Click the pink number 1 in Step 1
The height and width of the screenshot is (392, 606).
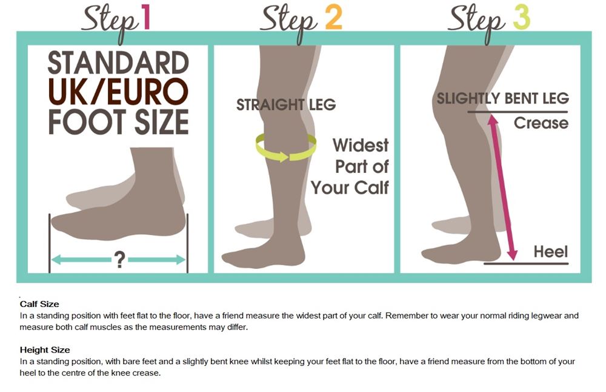[x=145, y=17]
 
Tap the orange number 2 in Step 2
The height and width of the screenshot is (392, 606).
[x=333, y=18]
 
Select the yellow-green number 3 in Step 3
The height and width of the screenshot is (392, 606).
[x=521, y=18]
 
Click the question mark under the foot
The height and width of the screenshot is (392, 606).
[x=120, y=260]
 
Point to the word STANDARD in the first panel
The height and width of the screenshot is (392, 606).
[x=118, y=63]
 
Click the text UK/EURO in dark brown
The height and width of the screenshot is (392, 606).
[x=118, y=92]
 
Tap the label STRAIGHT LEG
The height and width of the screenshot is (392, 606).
[x=286, y=104]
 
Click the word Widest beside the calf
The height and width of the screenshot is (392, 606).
[x=361, y=146]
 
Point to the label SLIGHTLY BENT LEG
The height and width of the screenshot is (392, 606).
[x=503, y=98]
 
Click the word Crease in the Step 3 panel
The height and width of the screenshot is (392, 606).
[x=541, y=123]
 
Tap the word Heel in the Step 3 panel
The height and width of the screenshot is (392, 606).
[x=551, y=252]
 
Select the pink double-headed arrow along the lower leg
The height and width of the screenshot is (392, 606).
[x=502, y=188]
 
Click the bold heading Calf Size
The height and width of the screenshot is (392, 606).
[x=39, y=304]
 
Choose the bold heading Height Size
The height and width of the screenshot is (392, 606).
[x=45, y=350]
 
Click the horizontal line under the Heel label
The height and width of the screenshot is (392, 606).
[x=526, y=263]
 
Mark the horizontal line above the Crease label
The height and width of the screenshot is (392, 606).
[x=518, y=112]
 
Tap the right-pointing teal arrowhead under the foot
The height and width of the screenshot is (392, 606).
[x=181, y=259]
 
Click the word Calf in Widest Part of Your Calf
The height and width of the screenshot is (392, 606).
[x=371, y=188]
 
